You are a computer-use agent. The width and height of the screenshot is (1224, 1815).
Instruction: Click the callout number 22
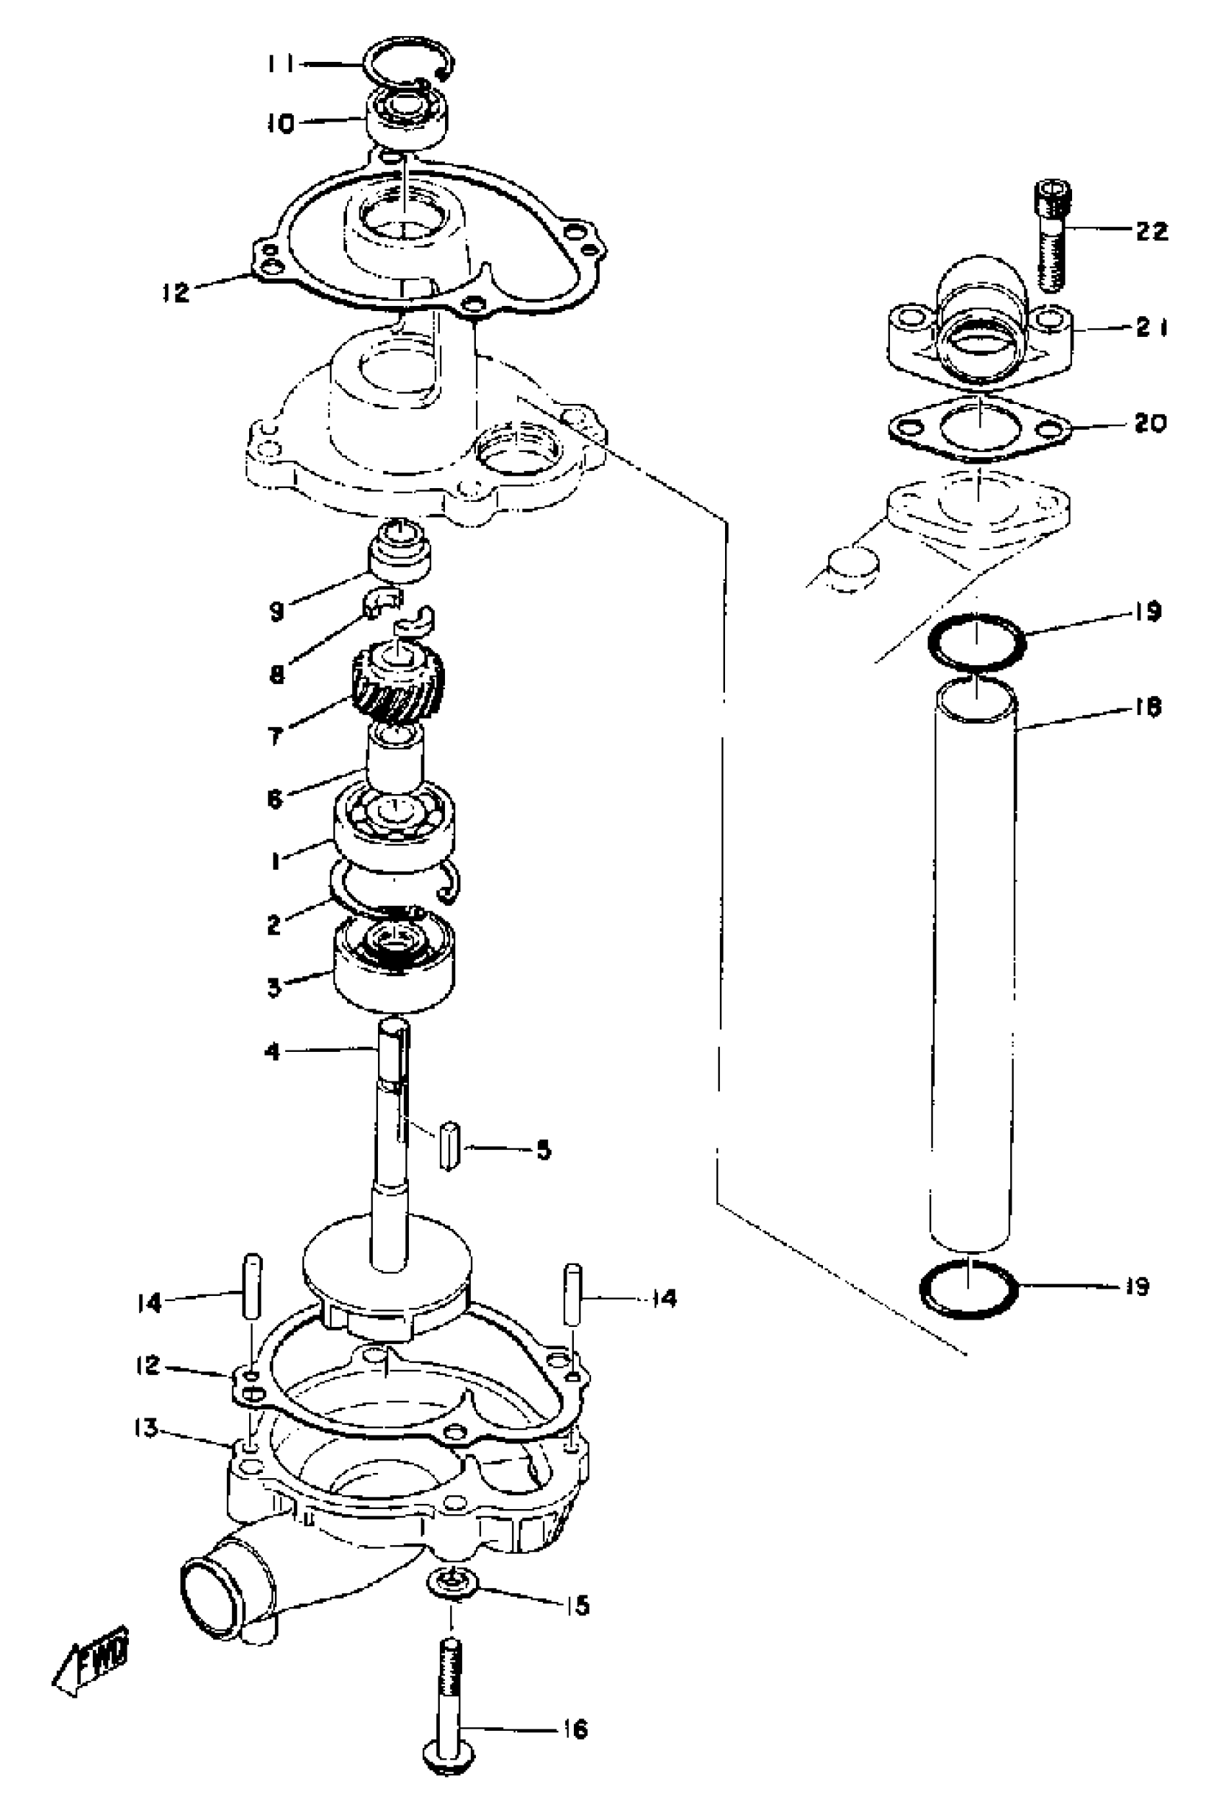[x=1151, y=231]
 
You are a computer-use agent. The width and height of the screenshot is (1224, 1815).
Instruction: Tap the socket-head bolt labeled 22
[x=1052, y=234]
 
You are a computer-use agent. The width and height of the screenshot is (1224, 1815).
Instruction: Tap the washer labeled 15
[x=453, y=1584]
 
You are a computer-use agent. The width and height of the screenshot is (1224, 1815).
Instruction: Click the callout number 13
[x=145, y=1428]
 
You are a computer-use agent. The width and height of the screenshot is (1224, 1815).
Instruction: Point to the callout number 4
[x=271, y=1052]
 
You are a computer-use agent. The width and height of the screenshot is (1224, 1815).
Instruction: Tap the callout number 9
[x=277, y=611]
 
